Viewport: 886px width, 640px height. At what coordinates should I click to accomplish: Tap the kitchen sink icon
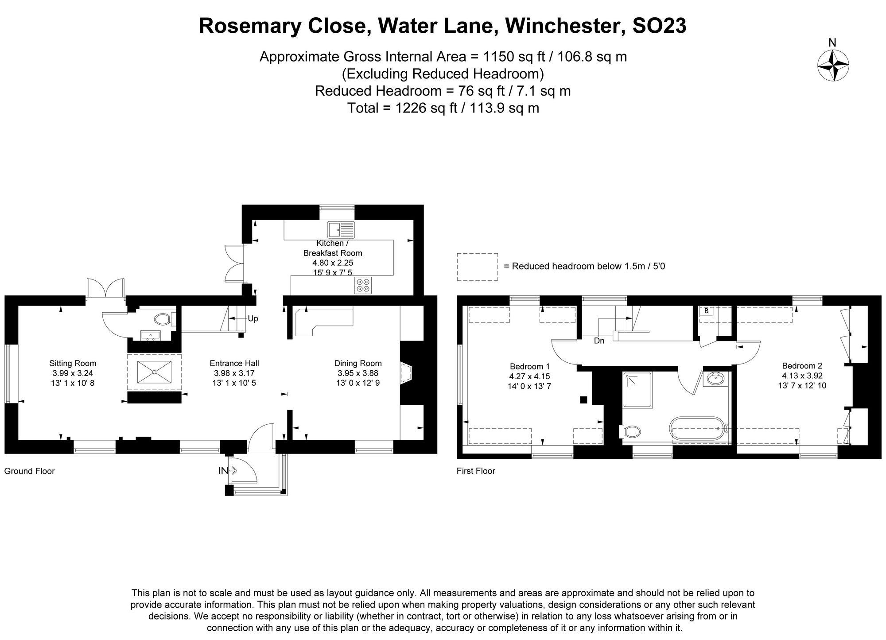coord(341,230)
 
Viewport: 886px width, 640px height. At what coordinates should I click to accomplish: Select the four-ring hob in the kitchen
coord(363,285)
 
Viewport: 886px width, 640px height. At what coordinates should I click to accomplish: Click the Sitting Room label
coord(73,364)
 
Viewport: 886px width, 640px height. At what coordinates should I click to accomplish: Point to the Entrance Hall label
coord(234,364)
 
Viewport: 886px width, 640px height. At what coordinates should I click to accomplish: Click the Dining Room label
coord(358,364)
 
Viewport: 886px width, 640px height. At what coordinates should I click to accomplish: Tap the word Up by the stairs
coord(253,319)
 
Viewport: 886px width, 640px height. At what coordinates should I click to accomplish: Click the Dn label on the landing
coord(599,341)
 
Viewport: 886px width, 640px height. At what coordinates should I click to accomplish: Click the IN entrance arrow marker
coord(228,471)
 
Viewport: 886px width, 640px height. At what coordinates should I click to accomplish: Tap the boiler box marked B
coord(706,311)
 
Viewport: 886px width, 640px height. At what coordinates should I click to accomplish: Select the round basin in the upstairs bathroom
coord(715,379)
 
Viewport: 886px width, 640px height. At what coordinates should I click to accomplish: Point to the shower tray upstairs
coord(637,390)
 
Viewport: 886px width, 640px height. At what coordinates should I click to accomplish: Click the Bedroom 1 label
coord(530,367)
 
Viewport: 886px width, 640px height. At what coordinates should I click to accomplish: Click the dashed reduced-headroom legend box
coord(477,267)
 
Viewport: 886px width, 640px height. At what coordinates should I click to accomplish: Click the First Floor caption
coord(476,471)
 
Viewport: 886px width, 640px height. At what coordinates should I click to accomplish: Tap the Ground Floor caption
coord(29,471)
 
